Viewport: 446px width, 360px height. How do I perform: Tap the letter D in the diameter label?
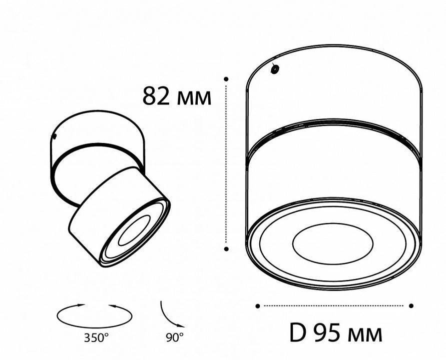299,332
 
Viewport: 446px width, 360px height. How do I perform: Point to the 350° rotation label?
96,337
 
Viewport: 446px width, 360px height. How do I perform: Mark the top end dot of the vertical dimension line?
227,78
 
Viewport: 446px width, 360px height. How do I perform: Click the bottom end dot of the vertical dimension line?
227,248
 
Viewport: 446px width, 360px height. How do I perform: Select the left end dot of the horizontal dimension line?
258,305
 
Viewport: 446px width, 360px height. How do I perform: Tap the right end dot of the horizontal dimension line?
411,305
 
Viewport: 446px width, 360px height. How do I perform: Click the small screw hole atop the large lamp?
274,69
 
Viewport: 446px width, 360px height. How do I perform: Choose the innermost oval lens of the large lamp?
332,245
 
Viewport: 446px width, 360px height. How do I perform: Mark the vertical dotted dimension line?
227,165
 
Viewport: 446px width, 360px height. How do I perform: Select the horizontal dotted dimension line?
334,305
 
